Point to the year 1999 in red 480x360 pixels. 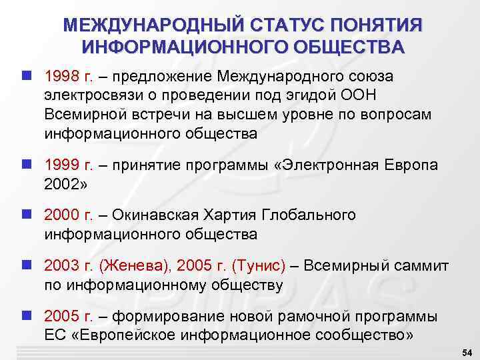(63, 165)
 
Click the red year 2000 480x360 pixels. (63, 215)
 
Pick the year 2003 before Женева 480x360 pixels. (63, 266)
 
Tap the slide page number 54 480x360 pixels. (466, 351)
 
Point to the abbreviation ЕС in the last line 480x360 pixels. (55, 335)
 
